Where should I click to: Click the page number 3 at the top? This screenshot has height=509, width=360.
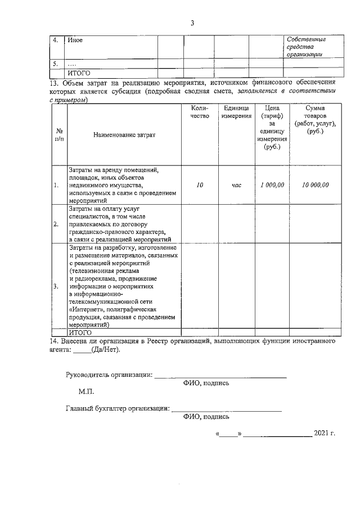(192, 23)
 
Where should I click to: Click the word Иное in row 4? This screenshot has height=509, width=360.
(75, 40)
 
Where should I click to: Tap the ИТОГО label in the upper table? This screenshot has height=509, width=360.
(79, 73)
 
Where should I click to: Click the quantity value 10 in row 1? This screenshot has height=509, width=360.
(200, 184)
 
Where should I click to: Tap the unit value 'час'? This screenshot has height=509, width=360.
(236, 184)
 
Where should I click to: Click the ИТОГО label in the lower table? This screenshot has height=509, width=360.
(80, 332)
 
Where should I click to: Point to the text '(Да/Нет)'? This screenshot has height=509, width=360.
(106, 349)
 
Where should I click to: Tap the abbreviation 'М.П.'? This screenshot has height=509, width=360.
(86, 391)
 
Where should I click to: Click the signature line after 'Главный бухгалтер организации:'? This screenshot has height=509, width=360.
(226, 411)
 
